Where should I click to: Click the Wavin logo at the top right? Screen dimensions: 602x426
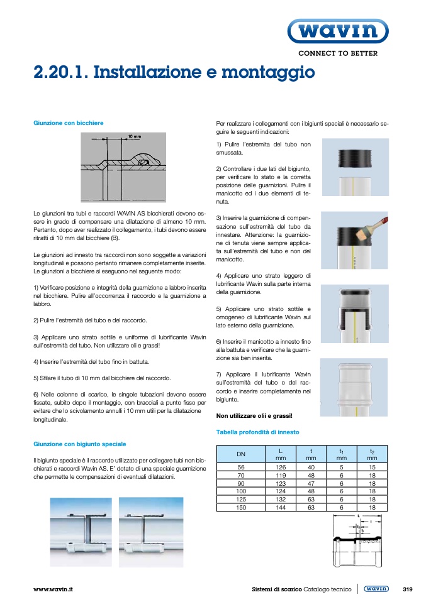pyautogui.click(x=338, y=30)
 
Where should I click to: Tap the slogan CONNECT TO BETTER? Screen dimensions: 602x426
pyautogui.click(x=337, y=53)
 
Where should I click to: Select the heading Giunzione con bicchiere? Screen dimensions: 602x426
pyautogui.click(x=68, y=123)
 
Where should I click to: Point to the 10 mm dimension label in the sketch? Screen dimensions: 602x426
pyautogui.click(x=134, y=136)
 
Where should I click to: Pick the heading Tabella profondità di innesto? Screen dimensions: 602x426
pyautogui.click(x=257, y=432)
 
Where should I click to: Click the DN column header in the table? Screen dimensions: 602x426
pyautogui.click(x=241, y=454)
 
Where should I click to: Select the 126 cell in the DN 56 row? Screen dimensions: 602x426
pyautogui.click(x=281, y=467)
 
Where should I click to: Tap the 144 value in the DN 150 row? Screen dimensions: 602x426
pyautogui.click(x=281, y=507)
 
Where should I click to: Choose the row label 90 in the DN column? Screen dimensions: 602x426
pyautogui.click(x=241, y=483)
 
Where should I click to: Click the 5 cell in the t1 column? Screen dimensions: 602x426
pyautogui.click(x=341, y=467)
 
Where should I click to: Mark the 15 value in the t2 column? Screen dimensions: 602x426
pyautogui.click(x=372, y=467)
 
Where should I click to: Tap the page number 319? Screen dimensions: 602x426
pyautogui.click(x=407, y=589)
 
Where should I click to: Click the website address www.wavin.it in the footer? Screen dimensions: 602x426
pyautogui.click(x=53, y=589)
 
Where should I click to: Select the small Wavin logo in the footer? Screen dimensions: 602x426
pyautogui.click(x=376, y=589)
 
